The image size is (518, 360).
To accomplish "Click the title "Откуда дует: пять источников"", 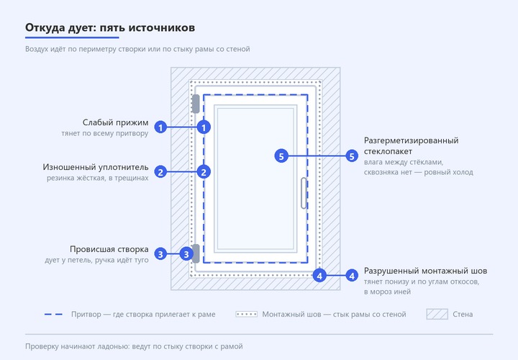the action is click(x=110, y=28).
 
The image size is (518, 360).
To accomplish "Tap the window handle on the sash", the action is click(x=304, y=194).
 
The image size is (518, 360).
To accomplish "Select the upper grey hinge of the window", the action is click(x=196, y=104).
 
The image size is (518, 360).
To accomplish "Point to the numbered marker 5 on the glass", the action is click(x=281, y=156).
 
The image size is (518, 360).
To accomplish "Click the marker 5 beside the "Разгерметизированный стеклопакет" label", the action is click(x=352, y=156).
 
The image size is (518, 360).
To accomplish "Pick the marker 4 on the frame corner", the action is click(x=319, y=275).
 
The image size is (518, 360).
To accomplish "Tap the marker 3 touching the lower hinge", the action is click(x=186, y=254).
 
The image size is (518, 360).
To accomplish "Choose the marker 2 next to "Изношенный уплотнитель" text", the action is click(x=160, y=172).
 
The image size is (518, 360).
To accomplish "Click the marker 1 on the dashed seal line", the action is click(x=204, y=127).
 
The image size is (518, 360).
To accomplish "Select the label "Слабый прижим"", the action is click(x=115, y=122).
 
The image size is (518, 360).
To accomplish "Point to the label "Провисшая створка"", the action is click(x=109, y=249).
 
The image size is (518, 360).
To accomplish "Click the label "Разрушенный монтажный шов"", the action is click(x=425, y=271).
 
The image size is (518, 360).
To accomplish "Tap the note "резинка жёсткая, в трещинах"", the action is click(x=97, y=178).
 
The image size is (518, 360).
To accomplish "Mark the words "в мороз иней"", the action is click(x=388, y=292).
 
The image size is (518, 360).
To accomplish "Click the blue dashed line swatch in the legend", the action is click(x=53, y=315).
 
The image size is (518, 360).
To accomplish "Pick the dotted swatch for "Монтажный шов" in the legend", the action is click(x=247, y=315).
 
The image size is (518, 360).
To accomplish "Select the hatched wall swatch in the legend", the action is click(x=437, y=315).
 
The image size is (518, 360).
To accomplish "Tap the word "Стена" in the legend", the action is click(x=463, y=315).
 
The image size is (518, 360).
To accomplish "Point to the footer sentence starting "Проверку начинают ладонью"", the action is click(x=134, y=346).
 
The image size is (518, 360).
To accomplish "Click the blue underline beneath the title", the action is click(x=72, y=37).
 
